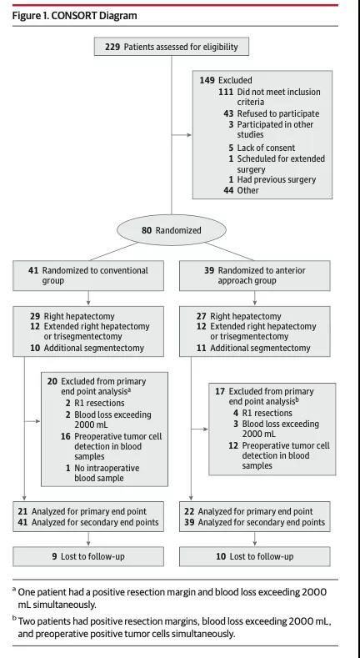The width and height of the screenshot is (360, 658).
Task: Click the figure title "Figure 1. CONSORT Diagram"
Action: tap(75, 16)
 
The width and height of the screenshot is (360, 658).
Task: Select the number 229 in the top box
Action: tap(112, 47)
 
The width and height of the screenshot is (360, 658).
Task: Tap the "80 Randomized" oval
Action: tap(172, 230)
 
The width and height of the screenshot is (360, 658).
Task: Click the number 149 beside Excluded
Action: tap(207, 80)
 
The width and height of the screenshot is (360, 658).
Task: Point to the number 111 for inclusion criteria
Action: tap(226, 92)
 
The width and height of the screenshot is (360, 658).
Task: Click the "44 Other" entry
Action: tap(241, 190)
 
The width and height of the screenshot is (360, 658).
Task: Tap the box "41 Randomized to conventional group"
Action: tap(88, 276)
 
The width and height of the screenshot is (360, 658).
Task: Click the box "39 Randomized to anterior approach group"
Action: tap(254, 276)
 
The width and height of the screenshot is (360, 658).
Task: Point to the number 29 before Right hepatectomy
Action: tap(35, 316)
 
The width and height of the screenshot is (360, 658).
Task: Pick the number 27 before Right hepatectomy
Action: tap(202, 316)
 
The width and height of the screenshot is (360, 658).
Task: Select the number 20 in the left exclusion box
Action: tap(52, 381)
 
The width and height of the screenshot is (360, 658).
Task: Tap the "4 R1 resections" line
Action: tap(262, 413)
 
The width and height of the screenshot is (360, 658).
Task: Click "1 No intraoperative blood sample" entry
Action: tap(102, 473)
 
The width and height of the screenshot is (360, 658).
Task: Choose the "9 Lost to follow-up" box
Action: tap(88, 556)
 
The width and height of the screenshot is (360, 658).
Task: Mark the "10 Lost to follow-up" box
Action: tap(254, 556)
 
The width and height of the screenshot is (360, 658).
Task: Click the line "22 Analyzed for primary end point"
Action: tap(248, 511)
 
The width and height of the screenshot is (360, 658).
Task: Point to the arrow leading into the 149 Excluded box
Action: tap(182, 135)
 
